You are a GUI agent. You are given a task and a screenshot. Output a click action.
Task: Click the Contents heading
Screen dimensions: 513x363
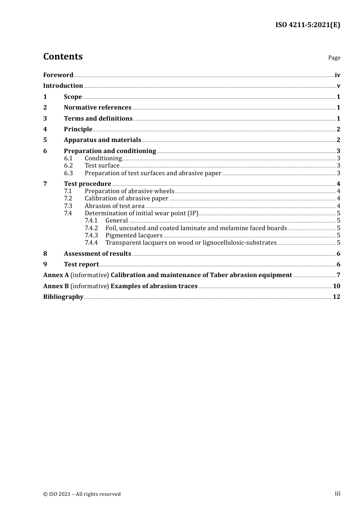tap(63, 56)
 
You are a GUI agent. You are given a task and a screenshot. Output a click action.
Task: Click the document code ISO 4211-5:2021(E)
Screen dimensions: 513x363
tap(308, 25)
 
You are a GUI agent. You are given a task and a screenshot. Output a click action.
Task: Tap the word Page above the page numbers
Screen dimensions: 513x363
tap(334, 58)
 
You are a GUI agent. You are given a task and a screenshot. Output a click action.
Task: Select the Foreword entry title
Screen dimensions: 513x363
tap(58, 75)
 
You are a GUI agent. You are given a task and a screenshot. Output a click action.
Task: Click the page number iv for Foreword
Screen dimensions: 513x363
tap(337, 75)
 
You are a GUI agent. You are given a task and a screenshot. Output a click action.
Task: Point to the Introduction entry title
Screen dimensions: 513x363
tap(63, 86)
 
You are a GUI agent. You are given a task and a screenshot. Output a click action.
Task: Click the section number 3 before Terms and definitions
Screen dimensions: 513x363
tap(45, 119)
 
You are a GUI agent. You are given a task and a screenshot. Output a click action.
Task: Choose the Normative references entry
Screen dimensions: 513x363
tap(97, 108)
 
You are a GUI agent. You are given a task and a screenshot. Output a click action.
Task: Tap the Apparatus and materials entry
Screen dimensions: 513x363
tap(102, 140)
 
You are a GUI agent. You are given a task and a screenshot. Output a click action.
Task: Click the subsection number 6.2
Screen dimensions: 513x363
tap(68, 166)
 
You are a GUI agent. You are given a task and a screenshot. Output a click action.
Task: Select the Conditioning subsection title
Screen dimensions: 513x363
tap(103, 158)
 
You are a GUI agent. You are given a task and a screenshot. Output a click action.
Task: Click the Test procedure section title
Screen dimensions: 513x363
tap(88, 184)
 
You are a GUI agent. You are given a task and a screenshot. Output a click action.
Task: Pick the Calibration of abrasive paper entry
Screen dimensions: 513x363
tap(126, 198)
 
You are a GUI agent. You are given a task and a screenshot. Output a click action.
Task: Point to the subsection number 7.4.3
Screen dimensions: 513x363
tap(91, 236)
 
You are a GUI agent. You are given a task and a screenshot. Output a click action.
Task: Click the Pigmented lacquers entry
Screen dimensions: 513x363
tap(134, 236)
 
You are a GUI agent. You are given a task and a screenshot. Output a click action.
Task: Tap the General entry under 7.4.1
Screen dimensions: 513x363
tap(117, 221)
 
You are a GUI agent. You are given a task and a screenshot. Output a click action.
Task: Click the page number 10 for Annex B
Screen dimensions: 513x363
tap(336, 286)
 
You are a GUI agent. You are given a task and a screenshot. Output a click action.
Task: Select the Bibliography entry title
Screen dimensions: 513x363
tap(63, 297)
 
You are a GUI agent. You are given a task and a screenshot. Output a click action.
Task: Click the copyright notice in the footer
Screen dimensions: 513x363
tap(82, 494)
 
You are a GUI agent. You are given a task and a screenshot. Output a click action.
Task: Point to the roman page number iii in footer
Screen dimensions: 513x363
tap(337, 494)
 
